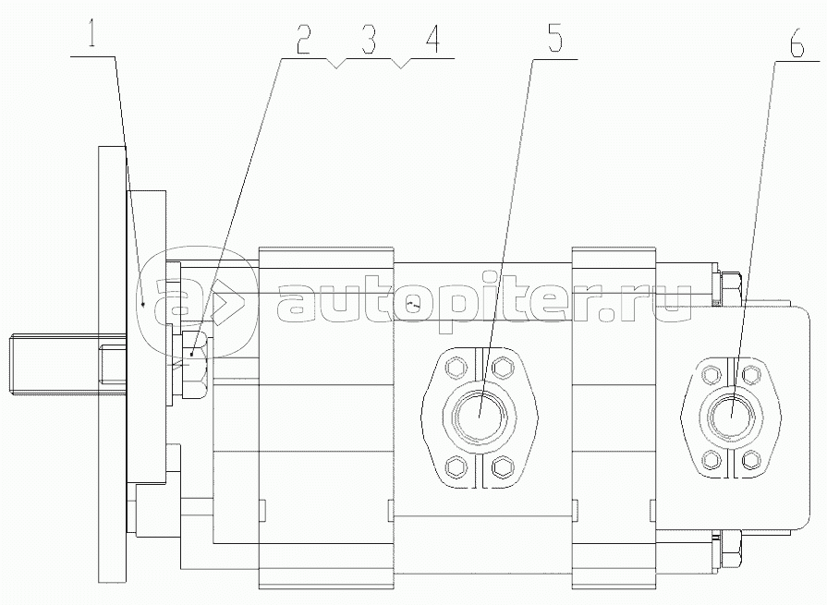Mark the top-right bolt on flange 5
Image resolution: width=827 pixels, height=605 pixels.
click(x=504, y=369)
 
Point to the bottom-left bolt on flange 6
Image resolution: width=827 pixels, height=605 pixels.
click(x=709, y=457)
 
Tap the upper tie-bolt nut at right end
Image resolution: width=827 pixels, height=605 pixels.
click(x=729, y=286)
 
